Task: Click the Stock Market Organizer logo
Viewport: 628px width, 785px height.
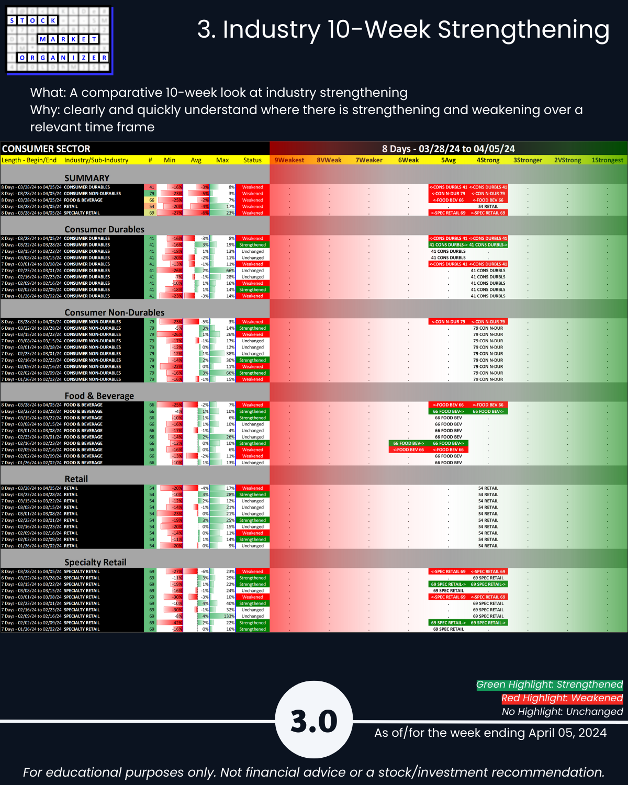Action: tap(59, 40)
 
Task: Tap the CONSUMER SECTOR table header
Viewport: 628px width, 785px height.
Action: tap(46, 149)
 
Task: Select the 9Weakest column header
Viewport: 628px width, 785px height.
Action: tap(289, 160)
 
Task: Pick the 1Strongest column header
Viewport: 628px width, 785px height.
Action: tap(607, 160)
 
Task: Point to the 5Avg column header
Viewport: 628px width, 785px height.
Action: tap(448, 160)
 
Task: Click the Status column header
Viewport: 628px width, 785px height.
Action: tap(252, 160)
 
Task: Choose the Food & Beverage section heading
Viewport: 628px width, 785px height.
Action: tap(99, 396)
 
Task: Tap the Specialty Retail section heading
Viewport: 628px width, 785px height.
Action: tap(95, 562)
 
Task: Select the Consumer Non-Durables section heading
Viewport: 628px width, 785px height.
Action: tap(114, 312)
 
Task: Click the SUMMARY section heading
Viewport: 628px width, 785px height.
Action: tap(87, 178)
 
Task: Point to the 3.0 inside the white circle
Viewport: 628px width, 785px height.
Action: tap(314, 721)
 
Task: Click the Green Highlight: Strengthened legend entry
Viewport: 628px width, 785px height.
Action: tap(549, 685)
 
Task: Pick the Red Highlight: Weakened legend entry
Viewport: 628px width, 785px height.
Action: tap(562, 698)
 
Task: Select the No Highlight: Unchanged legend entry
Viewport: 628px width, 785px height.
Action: tap(562, 712)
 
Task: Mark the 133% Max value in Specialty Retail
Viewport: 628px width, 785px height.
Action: tap(229, 616)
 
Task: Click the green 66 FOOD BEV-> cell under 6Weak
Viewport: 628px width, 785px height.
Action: tap(408, 443)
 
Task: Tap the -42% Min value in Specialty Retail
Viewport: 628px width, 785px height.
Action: tap(176, 623)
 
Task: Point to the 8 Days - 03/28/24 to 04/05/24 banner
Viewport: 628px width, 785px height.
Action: tap(448, 149)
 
